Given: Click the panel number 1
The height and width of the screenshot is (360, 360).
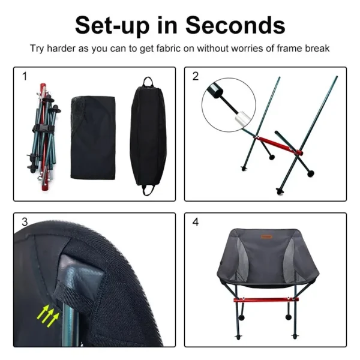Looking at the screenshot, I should point(25,76).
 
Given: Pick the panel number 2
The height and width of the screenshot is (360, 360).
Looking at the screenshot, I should point(196,76).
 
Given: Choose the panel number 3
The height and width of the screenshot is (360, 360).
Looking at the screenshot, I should point(25,222).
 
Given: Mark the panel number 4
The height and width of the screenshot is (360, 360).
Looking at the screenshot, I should point(196,222).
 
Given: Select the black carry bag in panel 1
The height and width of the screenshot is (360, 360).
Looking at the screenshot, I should point(143,135).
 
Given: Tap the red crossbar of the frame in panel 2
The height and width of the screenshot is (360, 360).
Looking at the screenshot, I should point(272,145).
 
